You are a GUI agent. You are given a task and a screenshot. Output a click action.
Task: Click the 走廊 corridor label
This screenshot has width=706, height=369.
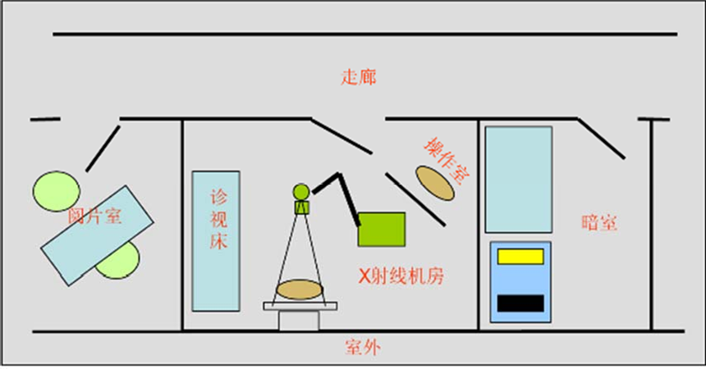359,78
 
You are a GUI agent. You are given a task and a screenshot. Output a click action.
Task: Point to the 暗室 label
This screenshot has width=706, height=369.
598,222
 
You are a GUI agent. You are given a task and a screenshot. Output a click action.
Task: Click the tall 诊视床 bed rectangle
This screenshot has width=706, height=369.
216,240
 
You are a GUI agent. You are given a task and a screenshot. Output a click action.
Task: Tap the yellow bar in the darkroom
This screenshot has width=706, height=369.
520,256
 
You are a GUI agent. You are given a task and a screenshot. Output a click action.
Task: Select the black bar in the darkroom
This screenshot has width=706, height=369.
520,303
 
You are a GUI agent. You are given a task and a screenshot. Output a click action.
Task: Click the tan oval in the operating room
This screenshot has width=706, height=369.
435,183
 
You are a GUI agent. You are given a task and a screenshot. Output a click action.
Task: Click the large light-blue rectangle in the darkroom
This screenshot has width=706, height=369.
518,179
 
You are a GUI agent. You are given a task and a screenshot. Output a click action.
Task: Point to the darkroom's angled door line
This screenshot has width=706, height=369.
601,139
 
